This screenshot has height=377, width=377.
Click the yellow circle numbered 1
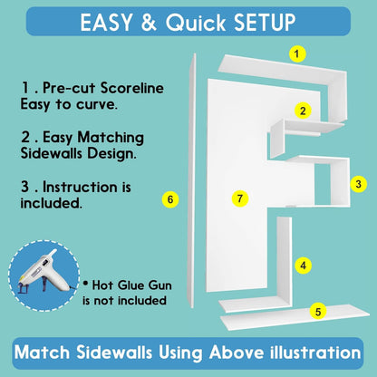pyautogui.click(x=297, y=54)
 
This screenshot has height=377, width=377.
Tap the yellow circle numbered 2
pyautogui.click(x=303, y=111)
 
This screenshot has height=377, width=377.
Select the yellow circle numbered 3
pyautogui.click(x=359, y=184)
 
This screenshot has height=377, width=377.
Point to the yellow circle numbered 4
pyautogui.click(x=304, y=266)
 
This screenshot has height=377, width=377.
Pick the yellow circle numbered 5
pyautogui.click(x=318, y=312)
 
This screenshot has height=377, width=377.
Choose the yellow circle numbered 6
pyautogui.click(x=170, y=199)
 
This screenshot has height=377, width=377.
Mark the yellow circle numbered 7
pyautogui.click(x=240, y=198)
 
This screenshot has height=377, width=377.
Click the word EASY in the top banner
pyautogui.click(x=106, y=23)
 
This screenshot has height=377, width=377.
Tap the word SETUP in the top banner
pyautogui.click(x=265, y=23)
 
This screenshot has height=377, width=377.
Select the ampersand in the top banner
pyautogui.click(x=149, y=23)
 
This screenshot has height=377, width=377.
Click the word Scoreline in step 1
pyautogui.click(x=132, y=88)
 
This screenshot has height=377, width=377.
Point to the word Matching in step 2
pyautogui.click(x=111, y=139)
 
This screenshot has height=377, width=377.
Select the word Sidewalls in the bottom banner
pyautogui.click(x=113, y=353)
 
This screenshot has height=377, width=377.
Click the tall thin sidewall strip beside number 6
pyautogui.click(x=192, y=180)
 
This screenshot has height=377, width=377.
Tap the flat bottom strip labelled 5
pyautogui.click(x=295, y=317)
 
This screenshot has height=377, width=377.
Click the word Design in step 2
pyautogui.click(x=111, y=154)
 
